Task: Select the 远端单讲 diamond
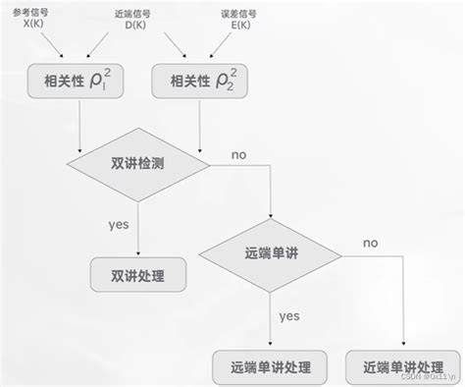click(x=272, y=253)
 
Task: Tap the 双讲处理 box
click(x=138, y=276)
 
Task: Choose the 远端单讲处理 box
click(x=270, y=367)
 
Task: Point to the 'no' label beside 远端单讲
click(x=370, y=243)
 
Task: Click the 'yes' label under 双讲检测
click(x=119, y=224)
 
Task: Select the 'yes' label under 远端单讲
click(x=289, y=316)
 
